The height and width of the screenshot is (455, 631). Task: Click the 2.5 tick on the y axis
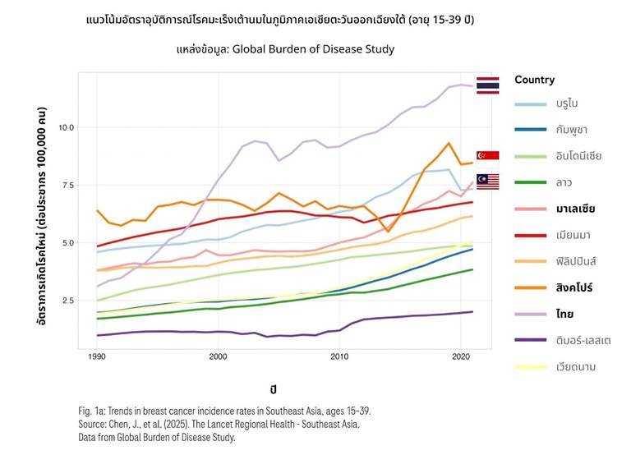(x=67, y=301)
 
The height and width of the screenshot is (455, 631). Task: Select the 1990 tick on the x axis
(x=97, y=356)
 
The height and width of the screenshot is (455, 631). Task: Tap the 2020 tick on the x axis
(x=460, y=356)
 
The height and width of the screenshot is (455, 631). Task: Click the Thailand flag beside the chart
(x=488, y=85)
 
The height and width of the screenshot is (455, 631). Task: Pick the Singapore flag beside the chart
(x=488, y=156)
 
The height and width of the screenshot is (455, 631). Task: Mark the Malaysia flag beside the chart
(x=488, y=181)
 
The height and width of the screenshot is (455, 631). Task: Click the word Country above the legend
(x=534, y=80)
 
